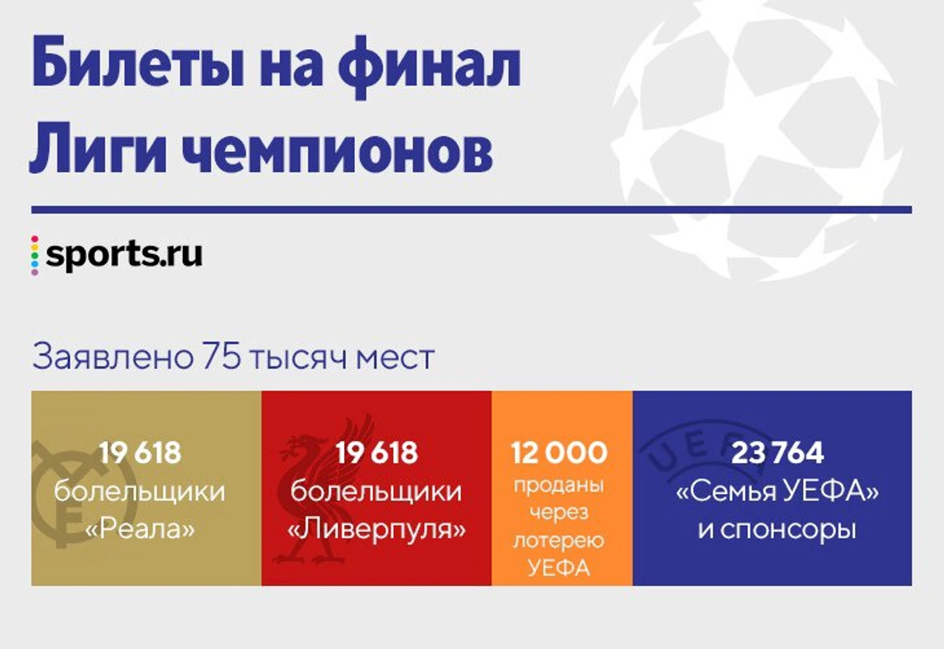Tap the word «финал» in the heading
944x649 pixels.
(429, 67)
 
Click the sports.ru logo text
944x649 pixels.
(124, 254)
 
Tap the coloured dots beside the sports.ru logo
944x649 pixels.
(34, 255)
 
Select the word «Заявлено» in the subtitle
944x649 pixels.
(113, 358)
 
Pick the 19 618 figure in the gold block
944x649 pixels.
(140, 452)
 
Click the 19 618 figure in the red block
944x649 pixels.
(377, 452)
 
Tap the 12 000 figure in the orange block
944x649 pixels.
(560, 452)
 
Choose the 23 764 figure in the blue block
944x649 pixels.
(778, 452)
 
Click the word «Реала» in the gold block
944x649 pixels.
(140, 529)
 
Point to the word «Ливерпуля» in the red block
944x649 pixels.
(376, 529)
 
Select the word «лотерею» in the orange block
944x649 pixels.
(559, 540)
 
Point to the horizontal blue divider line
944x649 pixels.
(471, 209)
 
